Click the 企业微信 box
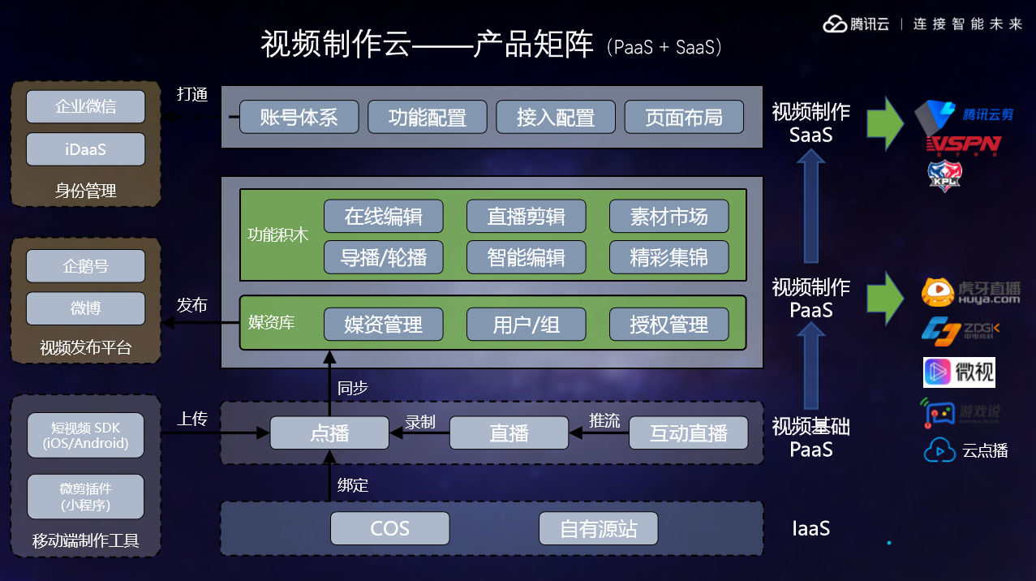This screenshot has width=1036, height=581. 85,107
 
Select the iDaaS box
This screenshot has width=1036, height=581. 85,149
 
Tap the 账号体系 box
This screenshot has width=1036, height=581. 299,117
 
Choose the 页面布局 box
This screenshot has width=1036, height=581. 684,117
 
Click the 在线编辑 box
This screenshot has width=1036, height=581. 384,217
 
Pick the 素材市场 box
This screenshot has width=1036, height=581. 668,217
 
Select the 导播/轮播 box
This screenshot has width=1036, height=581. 384,258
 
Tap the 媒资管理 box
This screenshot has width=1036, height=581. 384,325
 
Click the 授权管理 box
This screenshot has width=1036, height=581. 668,325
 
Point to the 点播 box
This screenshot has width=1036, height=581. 329,433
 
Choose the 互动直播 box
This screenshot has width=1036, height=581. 689,433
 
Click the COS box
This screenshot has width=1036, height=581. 389,529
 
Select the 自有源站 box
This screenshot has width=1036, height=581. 598,529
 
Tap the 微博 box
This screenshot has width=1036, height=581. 85,308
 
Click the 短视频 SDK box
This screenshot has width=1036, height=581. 85,436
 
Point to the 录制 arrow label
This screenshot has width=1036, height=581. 420,422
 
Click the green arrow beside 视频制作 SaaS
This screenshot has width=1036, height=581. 884,123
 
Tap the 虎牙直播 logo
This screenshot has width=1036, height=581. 970,292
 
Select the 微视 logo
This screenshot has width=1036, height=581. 958,372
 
